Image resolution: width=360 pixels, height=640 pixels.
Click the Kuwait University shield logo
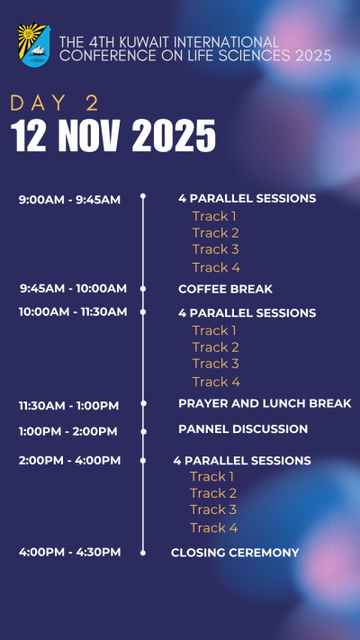tap(34, 45)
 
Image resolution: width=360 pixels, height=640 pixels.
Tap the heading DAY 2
tap(55, 104)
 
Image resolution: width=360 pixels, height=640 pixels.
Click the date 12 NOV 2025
tap(113, 136)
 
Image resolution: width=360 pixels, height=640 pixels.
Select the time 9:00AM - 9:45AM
tap(70, 200)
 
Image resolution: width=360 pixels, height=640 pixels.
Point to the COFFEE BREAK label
tap(225, 289)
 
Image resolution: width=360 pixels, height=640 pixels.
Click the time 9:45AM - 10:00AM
tap(74, 289)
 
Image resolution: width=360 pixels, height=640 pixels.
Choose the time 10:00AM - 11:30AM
tap(73, 311)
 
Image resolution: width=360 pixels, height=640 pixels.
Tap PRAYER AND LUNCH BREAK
tap(265, 403)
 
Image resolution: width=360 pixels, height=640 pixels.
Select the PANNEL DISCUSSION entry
tap(243, 429)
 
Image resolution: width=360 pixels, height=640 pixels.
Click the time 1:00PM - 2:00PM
tap(68, 431)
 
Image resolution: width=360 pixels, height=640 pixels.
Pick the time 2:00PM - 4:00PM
tap(70, 460)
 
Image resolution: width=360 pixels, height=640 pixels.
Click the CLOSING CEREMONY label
tap(235, 553)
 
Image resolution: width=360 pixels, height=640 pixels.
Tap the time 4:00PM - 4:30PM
tap(70, 553)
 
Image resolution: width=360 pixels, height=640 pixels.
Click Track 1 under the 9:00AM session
tap(214, 216)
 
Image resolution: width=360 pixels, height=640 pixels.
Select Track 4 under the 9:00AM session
tap(216, 267)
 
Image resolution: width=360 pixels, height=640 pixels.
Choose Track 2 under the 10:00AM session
tap(215, 347)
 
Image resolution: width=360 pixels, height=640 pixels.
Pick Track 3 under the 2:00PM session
tap(213, 509)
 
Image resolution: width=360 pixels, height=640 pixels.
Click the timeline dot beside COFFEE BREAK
tap(143, 289)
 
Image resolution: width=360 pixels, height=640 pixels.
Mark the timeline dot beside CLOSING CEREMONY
tap(143, 553)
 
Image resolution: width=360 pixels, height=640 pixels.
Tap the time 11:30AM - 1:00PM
tap(69, 406)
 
